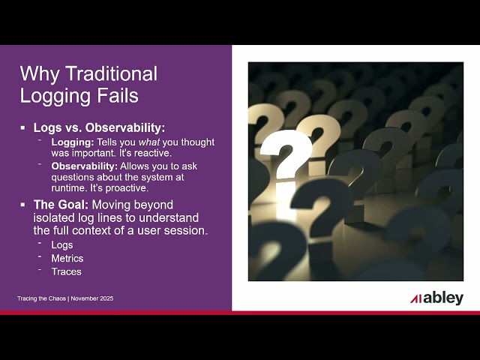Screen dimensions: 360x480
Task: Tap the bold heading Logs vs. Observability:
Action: (x=99, y=128)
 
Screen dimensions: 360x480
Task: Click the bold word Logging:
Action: (x=72, y=142)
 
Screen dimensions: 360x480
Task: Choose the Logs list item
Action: (x=61, y=245)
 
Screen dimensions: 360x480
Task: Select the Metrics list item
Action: (x=67, y=259)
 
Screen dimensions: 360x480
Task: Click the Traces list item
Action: (x=66, y=271)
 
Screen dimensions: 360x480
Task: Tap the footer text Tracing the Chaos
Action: (x=41, y=298)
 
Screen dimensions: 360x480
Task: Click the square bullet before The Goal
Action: (x=24, y=205)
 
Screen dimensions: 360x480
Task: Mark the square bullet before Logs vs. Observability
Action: (x=24, y=128)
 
